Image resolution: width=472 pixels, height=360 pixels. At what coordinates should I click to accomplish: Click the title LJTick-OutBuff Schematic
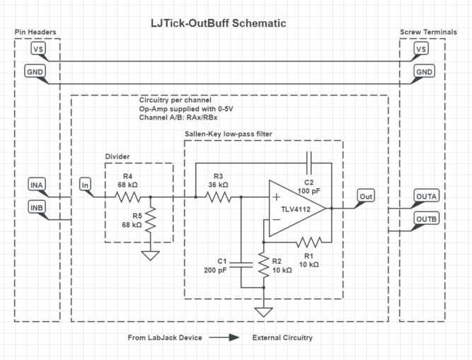tap(219, 23)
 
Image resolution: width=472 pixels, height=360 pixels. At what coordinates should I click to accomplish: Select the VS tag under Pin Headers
tap(38, 50)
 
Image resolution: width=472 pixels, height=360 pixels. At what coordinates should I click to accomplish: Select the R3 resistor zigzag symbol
tap(217, 197)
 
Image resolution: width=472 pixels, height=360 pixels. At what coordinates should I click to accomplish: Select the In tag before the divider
tap(86, 185)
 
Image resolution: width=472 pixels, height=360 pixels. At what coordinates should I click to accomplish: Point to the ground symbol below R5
tap(151, 255)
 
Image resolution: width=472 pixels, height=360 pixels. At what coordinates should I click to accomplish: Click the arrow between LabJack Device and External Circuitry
tap(226, 337)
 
